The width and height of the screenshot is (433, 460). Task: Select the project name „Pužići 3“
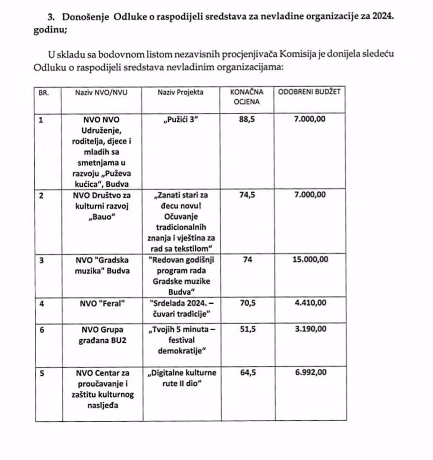(180, 120)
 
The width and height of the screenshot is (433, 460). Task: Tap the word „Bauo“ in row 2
(101, 216)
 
